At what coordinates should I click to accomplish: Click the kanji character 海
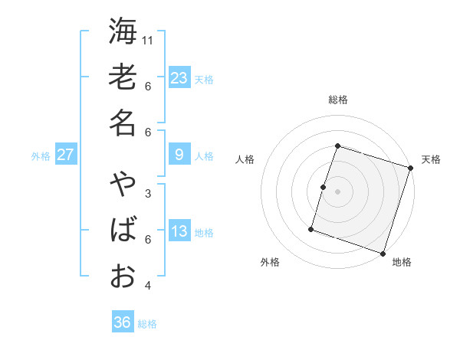click(x=123, y=31)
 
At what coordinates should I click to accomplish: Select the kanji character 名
click(x=123, y=123)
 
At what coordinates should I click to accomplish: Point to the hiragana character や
click(x=123, y=185)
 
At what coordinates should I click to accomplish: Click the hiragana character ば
click(x=123, y=231)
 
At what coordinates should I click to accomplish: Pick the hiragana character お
click(x=123, y=275)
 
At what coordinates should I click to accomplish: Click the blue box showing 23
click(x=179, y=77)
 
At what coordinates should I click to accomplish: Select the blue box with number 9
click(x=179, y=155)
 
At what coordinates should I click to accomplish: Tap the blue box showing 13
click(x=179, y=231)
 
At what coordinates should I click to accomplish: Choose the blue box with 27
click(x=65, y=155)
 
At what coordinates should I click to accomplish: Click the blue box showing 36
click(x=123, y=322)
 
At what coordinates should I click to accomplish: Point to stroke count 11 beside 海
click(x=149, y=40)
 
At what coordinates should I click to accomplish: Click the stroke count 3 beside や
click(x=148, y=193)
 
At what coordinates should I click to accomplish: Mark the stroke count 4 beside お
click(x=148, y=286)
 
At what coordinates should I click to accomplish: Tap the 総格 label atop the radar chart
click(x=337, y=100)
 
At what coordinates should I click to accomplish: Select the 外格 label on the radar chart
click(x=270, y=262)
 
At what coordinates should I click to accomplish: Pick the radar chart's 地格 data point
click(x=383, y=253)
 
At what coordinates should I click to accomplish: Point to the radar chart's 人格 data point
click(x=324, y=187)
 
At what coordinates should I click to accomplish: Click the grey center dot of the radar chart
click(x=337, y=191)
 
